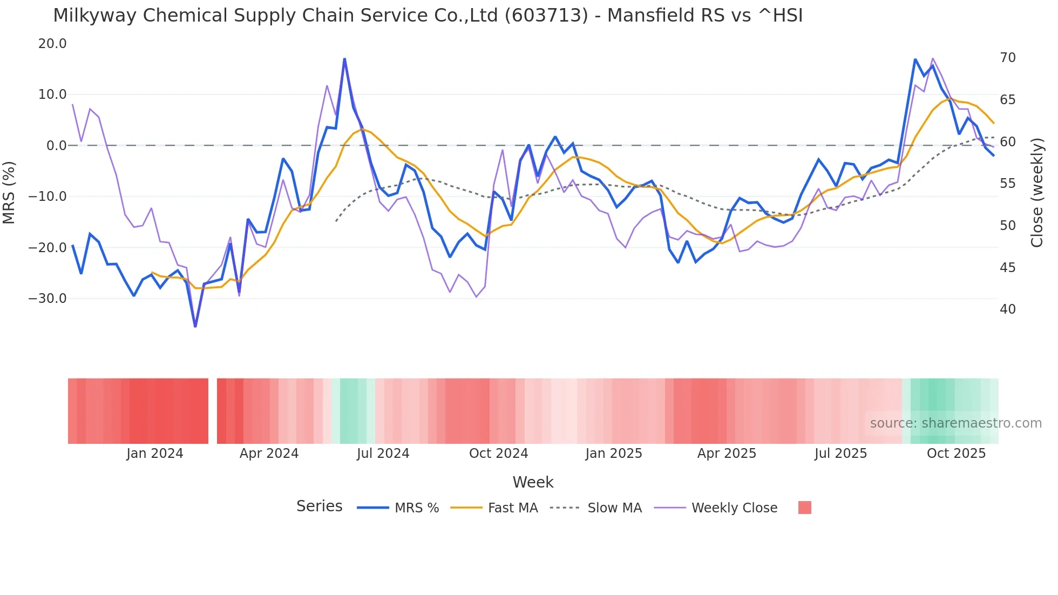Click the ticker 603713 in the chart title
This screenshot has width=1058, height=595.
pyautogui.click(x=546, y=16)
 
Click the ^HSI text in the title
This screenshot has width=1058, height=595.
pyautogui.click(x=781, y=16)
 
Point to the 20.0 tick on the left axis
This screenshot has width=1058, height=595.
pyautogui.click(x=52, y=44)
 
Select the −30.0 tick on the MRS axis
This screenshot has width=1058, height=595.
pyautogui.click(x=48, y=299)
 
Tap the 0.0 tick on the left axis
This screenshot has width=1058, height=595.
pyautogui.click(x=56, y=146)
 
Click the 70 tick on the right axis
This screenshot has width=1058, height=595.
pyautogui.click(x=1007, y=58)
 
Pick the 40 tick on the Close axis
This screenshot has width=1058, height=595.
pyautogui.click(x=1007, y=309)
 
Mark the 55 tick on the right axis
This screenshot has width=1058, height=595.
pyautogui.click(x=1007, y=184)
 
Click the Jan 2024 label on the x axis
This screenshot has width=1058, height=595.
pyautogui.click(x=155, y=454)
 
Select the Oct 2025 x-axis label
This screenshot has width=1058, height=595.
pyautogui.click(x=956, y=454)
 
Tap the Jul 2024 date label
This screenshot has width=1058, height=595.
pyautogui.click(x=383, y=454)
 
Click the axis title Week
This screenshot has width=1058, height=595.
pyautogui.click(x=533, y=482)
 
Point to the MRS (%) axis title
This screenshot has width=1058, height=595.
pyautogui.click(x=9, y=192)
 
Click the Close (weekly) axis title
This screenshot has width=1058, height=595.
pyautogui.click(x=1036, y=192)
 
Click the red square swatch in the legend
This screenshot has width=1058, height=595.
pyautogui.click(x=804, y=508)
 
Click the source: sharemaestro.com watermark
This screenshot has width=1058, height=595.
pyautogui.click(x=955, y=423)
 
